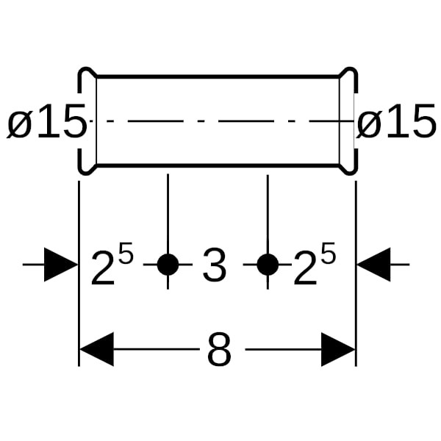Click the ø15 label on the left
click(x=46, y=123)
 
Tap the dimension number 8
click(x=219, y=351)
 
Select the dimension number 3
click(x=214, y=265)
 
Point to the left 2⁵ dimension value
click(x=112, y=265)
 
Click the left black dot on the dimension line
click(x=168, y=265)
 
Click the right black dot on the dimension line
click(x=268, y=265)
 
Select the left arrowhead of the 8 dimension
click(x=96, y=349)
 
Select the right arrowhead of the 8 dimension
click(x=338, y=349)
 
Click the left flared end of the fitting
click(x=87, y=121)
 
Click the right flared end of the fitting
click(x=348, y=121)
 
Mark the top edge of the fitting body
click(x=218, y=76)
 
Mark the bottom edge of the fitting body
click(x=218, y=165)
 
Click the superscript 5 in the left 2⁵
click(x=126, y=254)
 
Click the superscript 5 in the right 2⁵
click(x=328, y=254)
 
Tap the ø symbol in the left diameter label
click(x=20, y=124)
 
